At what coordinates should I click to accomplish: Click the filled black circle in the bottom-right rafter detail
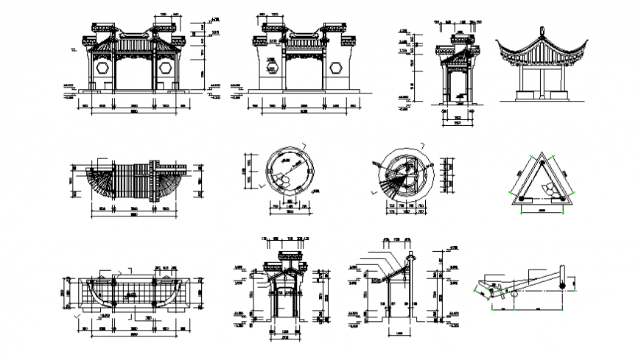tap(566, 281)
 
